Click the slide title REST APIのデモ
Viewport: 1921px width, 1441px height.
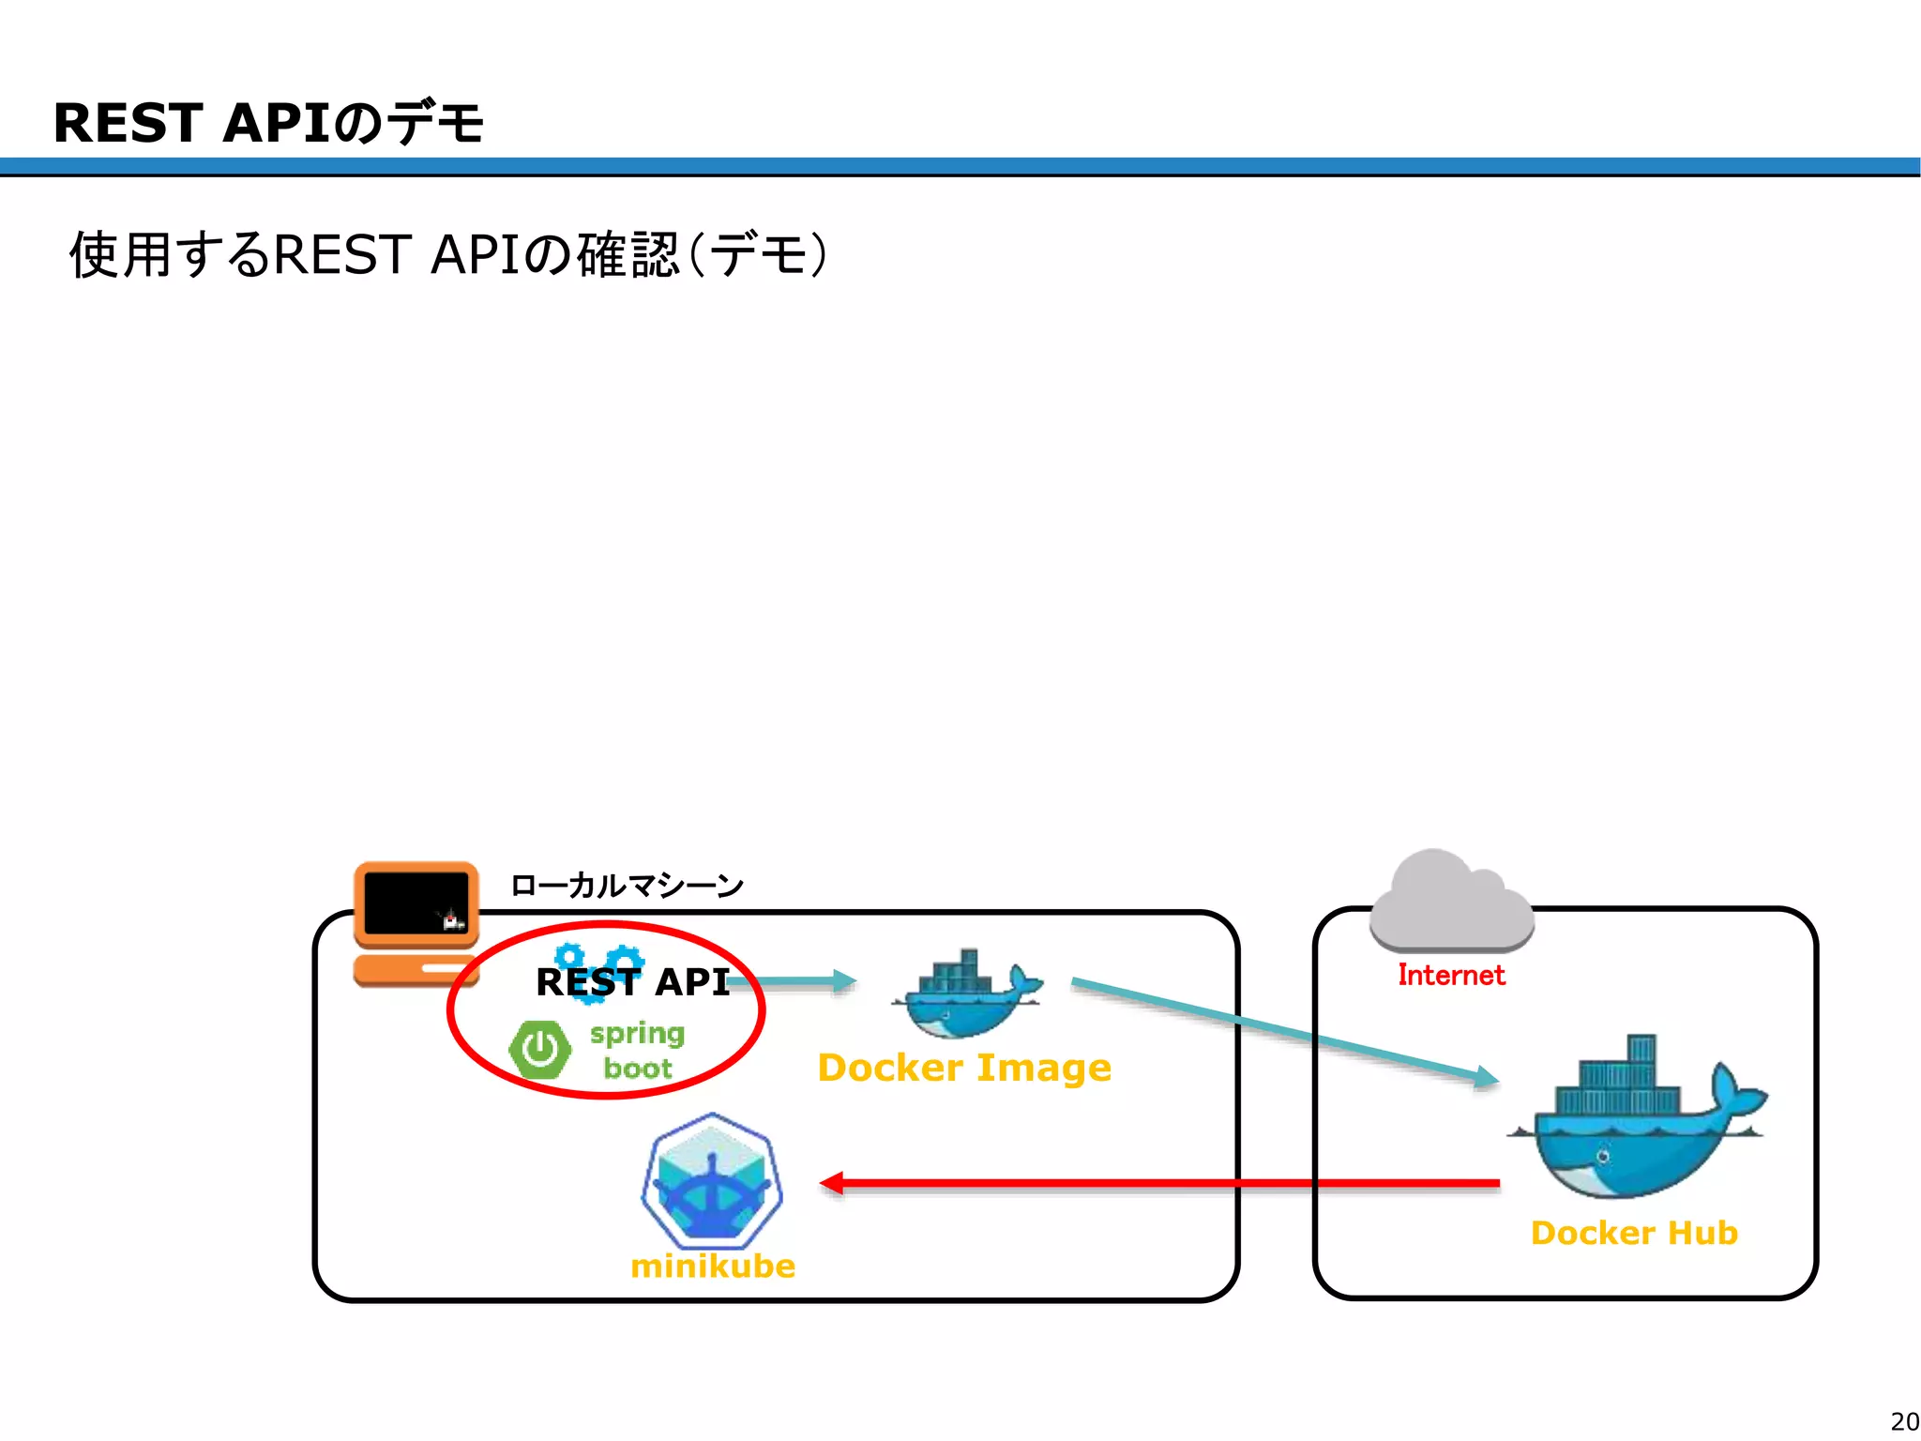[268, 123]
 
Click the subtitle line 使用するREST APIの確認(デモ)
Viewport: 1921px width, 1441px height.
[448, 254]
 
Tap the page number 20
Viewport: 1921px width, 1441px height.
[1903, 1421]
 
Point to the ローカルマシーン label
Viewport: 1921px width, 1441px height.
[627, 885]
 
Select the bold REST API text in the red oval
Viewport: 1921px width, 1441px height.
[632, 982]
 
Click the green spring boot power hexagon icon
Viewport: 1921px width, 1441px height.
[539, 1050]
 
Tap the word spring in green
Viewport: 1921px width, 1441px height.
[637, 1034]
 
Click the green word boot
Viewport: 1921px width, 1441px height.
[637, 1069]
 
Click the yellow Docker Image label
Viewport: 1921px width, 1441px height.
[964, 1068]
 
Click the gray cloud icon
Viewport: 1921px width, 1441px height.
[1450, 903]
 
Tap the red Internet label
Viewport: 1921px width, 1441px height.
[1451, 976]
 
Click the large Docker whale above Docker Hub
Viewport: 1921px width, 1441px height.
[1637, 1121]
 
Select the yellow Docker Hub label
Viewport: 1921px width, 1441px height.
[1634, 1233]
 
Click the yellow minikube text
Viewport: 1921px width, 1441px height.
[713, 1267]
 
